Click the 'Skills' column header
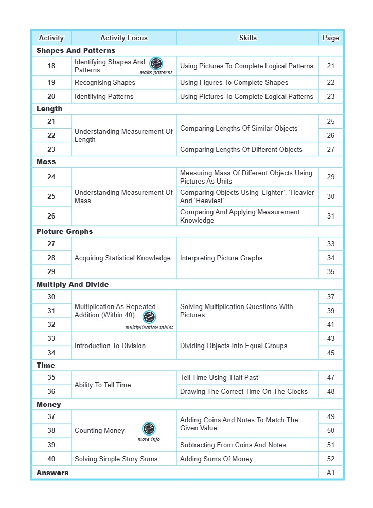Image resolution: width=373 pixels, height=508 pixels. click(247, 38)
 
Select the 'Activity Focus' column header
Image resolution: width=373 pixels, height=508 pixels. click(123, 38)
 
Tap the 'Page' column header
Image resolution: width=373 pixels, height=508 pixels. click(330, 38)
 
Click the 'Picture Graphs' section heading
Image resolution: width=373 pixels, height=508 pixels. click(64, 231)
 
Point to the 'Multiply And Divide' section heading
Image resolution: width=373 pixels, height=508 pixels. click(73, 284)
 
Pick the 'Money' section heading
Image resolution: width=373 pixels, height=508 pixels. click(48, 405)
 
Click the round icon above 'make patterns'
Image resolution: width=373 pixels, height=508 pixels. click(156, 64)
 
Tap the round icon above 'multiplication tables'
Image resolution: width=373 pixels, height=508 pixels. click(149, 317)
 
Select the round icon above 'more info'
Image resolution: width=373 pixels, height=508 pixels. click(149, 429)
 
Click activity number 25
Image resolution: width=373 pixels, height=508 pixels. click(51, 196)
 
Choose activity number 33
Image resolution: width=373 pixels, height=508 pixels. click(51, 338)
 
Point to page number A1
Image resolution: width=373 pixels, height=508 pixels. click(330, 473)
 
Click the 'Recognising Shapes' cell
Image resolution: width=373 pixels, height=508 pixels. click(105, 82)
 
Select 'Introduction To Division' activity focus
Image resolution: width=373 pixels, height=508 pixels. click(110, 346)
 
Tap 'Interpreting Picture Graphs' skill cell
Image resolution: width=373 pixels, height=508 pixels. click(221, 258)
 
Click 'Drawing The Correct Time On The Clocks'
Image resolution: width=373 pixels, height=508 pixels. click(243, 391)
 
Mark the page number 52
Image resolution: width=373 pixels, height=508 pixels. click(330, 459)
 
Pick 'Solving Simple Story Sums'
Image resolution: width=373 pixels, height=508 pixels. click(116, 459)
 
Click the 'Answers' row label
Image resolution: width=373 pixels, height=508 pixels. click(52, 473)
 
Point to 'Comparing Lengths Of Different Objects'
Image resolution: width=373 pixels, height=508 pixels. click(241, 149)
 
